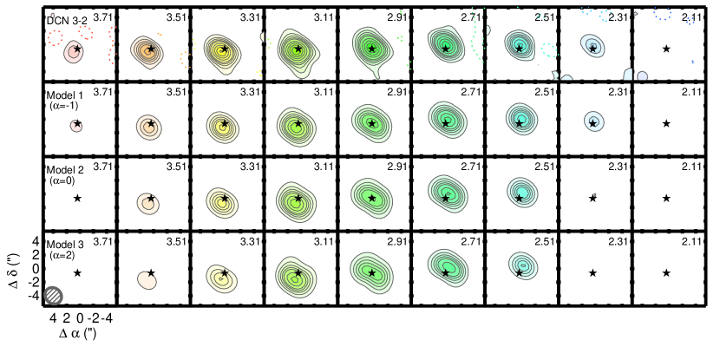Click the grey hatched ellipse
click(x=53, y=295)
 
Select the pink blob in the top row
click(x=74, y=52)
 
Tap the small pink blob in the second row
click(x=76, y=126)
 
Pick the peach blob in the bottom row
click(x=147, y=279)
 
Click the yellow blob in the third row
click(x=222, y=203)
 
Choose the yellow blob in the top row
click(x=222, y=53)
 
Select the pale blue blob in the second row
click(x=593, y=121)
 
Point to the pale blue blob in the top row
click(x=592, y=45)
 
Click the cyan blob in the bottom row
click(x=523, y=265)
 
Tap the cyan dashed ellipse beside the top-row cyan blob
click(x=549, y=50)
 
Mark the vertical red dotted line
click(x=111, y=45)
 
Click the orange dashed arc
click(x=184, y=59)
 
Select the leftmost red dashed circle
click(x=56, y=37)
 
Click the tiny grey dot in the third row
click(x=595, y=194)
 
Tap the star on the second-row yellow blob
click(x=224, y=124)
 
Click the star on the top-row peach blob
click(x=150, y=49)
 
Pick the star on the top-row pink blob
click(x=76, y=49)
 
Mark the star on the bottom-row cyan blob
click(x=519, y=273)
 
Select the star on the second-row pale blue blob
click(x=593, y=123)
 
